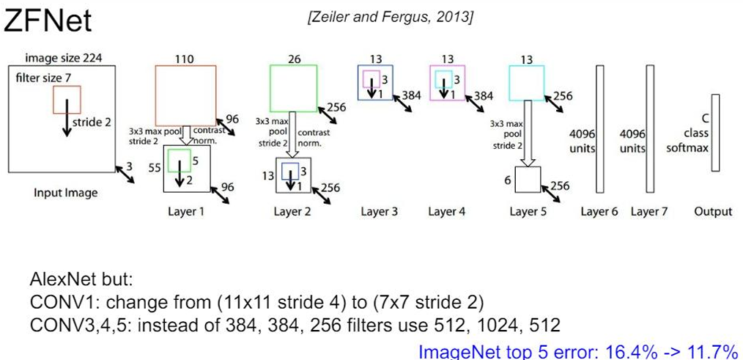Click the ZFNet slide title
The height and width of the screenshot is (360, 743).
tap(48, 21)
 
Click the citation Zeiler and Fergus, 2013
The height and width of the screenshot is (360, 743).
tap(391, 18)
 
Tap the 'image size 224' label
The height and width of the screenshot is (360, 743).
tap(64, 58)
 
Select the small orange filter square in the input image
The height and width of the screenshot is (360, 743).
tap(67, 99)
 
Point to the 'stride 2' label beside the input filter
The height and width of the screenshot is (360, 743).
tap(92, 122)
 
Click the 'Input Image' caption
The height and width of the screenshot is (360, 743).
tap(65, 193)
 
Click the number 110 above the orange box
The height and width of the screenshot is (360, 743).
tap(185, 59)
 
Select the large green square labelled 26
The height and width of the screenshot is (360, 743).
tap(293, 88)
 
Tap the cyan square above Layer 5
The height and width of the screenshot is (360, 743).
tap(526, 83)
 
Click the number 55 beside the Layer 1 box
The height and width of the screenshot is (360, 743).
tap(155, 168)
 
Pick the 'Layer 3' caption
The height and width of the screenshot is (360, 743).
tap(379, 212)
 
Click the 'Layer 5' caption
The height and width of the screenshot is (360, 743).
tap(528, 212)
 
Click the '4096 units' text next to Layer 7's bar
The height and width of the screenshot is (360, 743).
tap(632, 142)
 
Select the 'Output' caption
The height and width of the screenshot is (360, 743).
tap(712, 212)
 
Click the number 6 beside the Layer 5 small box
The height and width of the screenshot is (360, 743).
tap(506, 180)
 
